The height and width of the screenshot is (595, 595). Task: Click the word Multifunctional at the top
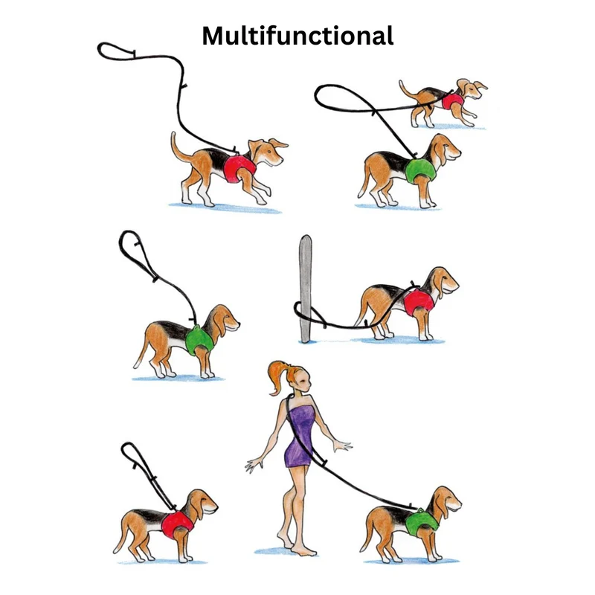click(297, 36)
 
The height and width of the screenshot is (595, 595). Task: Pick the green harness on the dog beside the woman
click(422, 522)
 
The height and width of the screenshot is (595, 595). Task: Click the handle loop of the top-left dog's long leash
click(117, 51)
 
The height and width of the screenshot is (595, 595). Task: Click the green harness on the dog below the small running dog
click(419, 170)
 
